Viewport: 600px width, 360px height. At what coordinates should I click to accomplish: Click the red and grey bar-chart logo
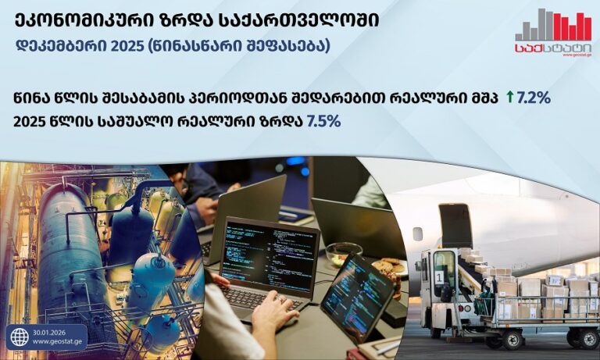[552, 26]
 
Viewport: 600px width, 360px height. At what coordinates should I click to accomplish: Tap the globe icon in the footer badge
[18, 337]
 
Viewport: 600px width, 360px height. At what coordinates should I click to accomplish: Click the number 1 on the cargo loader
[439, 274]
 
